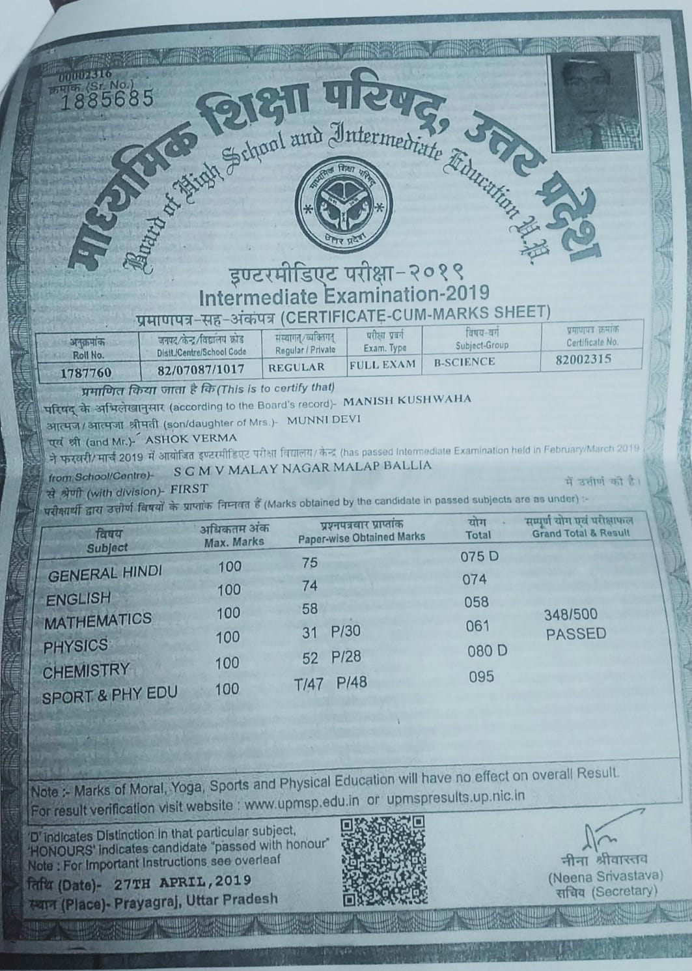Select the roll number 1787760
(86, 372)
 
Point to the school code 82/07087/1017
(201, 369)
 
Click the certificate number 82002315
(584, 359)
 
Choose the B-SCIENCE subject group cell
(464, 362)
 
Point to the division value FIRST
(189, 488)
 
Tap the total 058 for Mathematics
(476, 602)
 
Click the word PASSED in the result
(576, 634)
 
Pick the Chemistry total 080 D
(488, 651)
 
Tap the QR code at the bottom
(383, 862)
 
